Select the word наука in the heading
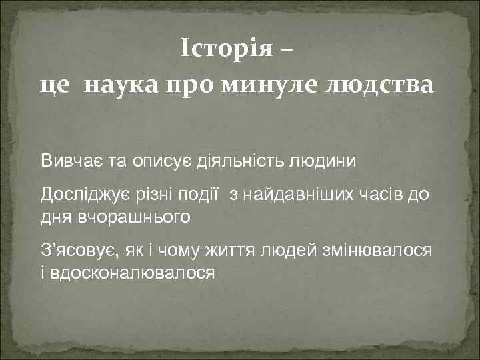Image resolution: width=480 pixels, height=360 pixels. click(117, 85)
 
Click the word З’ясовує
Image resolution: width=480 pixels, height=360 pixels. click(78, 251)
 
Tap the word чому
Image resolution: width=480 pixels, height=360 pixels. click(199, 251)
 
